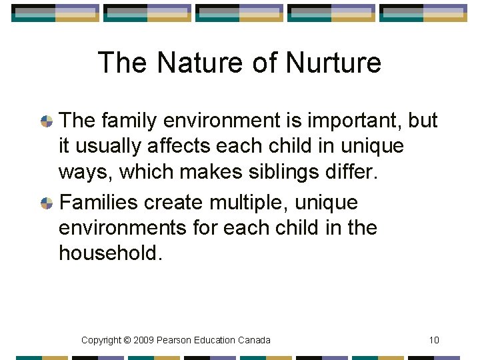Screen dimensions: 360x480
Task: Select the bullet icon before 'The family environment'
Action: (47, 121)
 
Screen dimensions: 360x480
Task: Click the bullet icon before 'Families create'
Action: (47, 203)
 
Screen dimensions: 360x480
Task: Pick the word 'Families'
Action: (99, 201)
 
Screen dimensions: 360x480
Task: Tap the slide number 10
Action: (434, 340)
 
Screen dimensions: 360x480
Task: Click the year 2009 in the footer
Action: (144, 340)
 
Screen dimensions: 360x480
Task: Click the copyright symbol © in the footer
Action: (126, 340)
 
